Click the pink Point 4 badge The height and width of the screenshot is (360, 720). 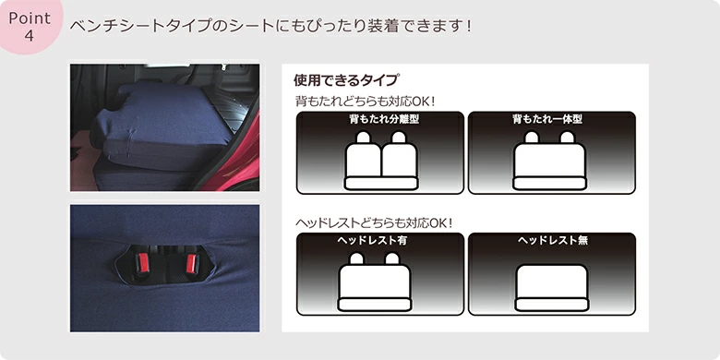[30, 25]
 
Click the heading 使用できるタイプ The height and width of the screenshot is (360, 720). [346, 80]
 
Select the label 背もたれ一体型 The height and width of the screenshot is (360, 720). [547, 119]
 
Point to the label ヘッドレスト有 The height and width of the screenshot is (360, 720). [372, 241]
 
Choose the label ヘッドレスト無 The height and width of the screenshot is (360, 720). [553, 241]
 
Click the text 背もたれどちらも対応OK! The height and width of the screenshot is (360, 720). [365, 101]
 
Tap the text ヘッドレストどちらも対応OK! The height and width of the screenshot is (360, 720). [374, 223]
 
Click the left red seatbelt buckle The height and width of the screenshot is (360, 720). [144, 262]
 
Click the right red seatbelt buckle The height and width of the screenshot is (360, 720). [191, 263]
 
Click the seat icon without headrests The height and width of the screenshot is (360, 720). [551, 288]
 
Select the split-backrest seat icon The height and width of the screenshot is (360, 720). [381, 161]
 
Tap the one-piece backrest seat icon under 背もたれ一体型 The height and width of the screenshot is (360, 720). [549, 161]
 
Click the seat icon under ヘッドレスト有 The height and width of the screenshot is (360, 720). [375, 282]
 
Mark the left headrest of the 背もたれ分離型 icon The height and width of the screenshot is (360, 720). [364, 137]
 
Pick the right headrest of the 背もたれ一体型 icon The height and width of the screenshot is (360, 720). [568, 137]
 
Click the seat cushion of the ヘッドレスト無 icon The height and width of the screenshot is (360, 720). [551, 305]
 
